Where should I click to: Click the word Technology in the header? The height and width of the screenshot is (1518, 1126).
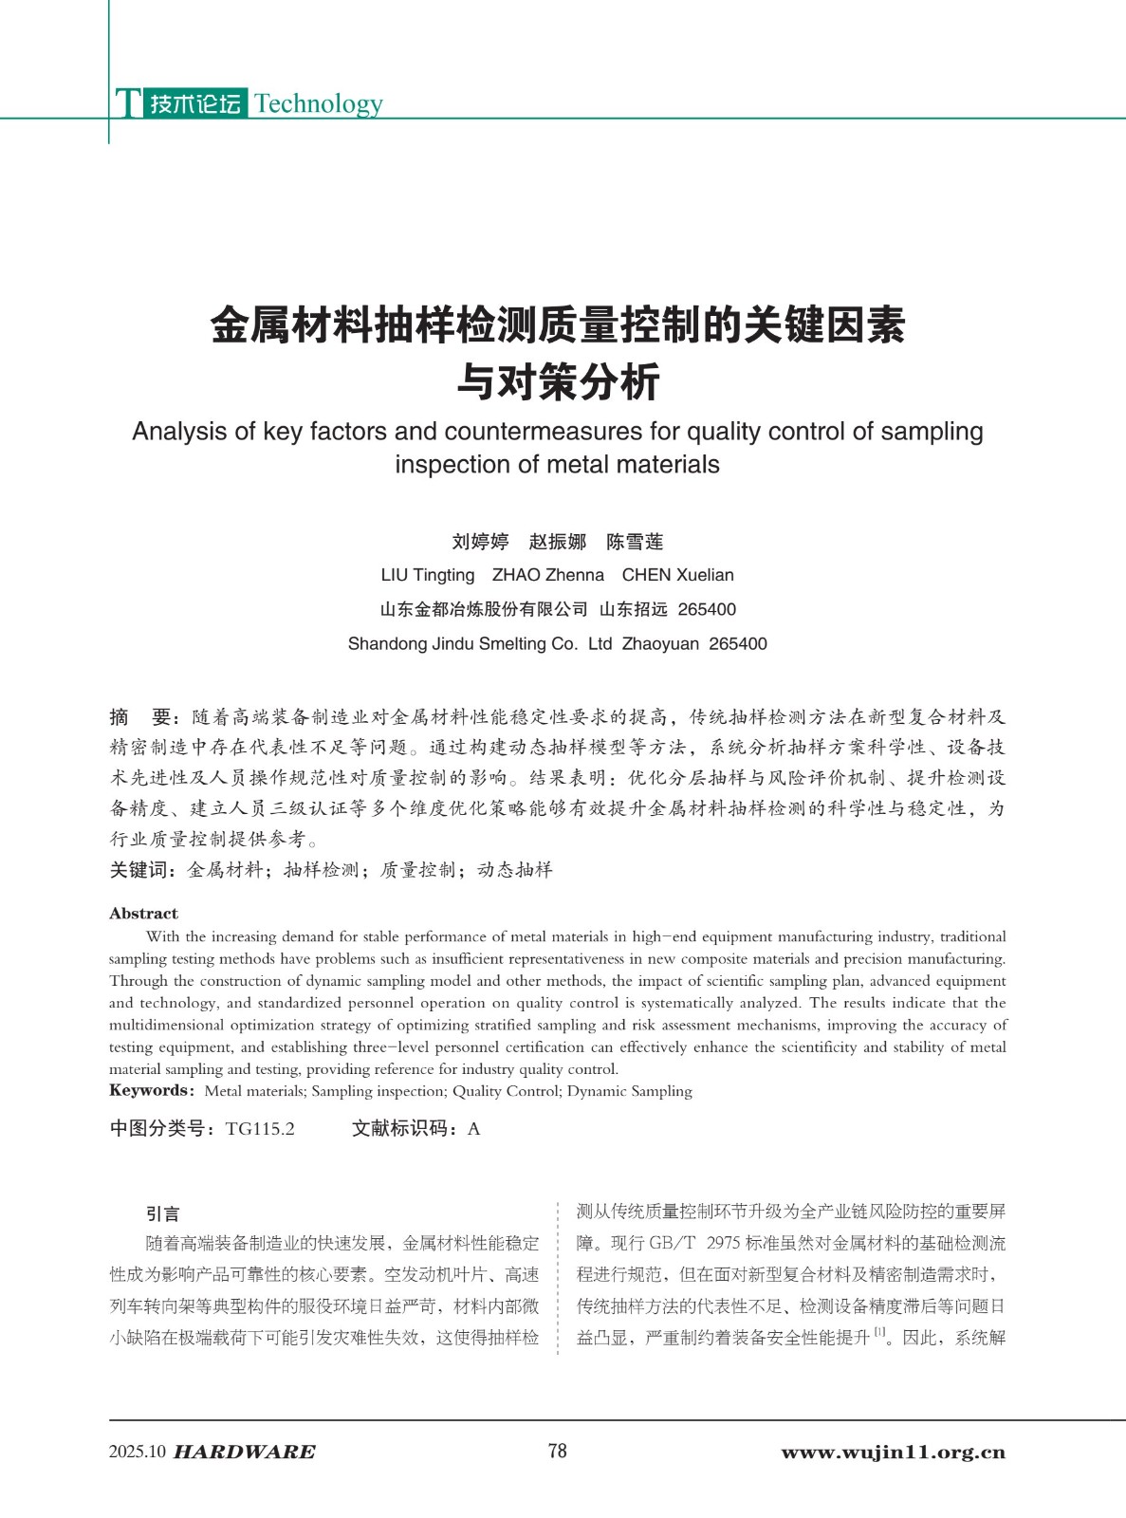point(319,103)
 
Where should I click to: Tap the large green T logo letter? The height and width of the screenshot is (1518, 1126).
point(128,103)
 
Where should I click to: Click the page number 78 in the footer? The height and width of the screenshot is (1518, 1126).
point(558,1451)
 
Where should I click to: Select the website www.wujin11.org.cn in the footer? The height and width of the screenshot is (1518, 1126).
point(893,1453)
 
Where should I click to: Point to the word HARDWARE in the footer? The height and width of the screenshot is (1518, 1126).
point(245,1453)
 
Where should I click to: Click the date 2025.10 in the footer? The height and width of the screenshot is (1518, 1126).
point(138,1453)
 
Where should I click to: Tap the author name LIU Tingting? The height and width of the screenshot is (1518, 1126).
point(428,575)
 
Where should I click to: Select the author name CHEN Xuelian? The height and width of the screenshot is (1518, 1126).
point(677,575)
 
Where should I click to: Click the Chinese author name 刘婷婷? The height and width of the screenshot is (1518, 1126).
point(480,542)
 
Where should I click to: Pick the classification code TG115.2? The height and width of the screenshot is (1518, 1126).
point(260,1128)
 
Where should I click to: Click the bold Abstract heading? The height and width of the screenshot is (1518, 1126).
point(143,914)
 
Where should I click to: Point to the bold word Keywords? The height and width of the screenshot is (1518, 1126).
point(150,1091)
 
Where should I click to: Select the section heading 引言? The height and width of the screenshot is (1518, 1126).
point(162,1213)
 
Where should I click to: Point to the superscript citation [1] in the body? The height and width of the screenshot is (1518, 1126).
point(879,1333)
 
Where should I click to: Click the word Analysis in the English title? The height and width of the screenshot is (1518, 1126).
point(179,432)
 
